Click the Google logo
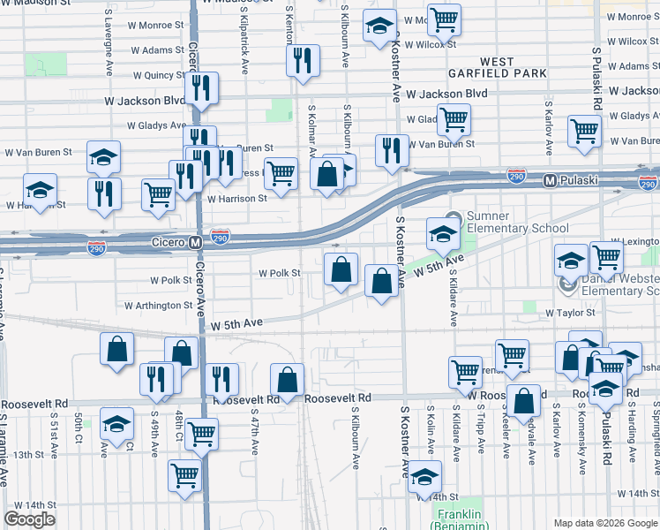pyautogui.click(x=30, y=519)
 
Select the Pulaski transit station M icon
pyautogui.click(x=550, y=180)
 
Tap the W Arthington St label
pyautogui.click(x=159, y=306)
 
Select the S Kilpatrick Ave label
pyautogui.click(x=241, y=41)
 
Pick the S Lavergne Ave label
pyautogui.click(x=108, y=41)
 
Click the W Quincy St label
pyautogui.click(x=159, y=76)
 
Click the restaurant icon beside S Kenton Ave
pyautogui.click(x=301, y=61)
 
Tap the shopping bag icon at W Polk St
pyautogui.click(x=341, y=269)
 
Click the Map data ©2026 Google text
pyautogui.click(x=604, y=523)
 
